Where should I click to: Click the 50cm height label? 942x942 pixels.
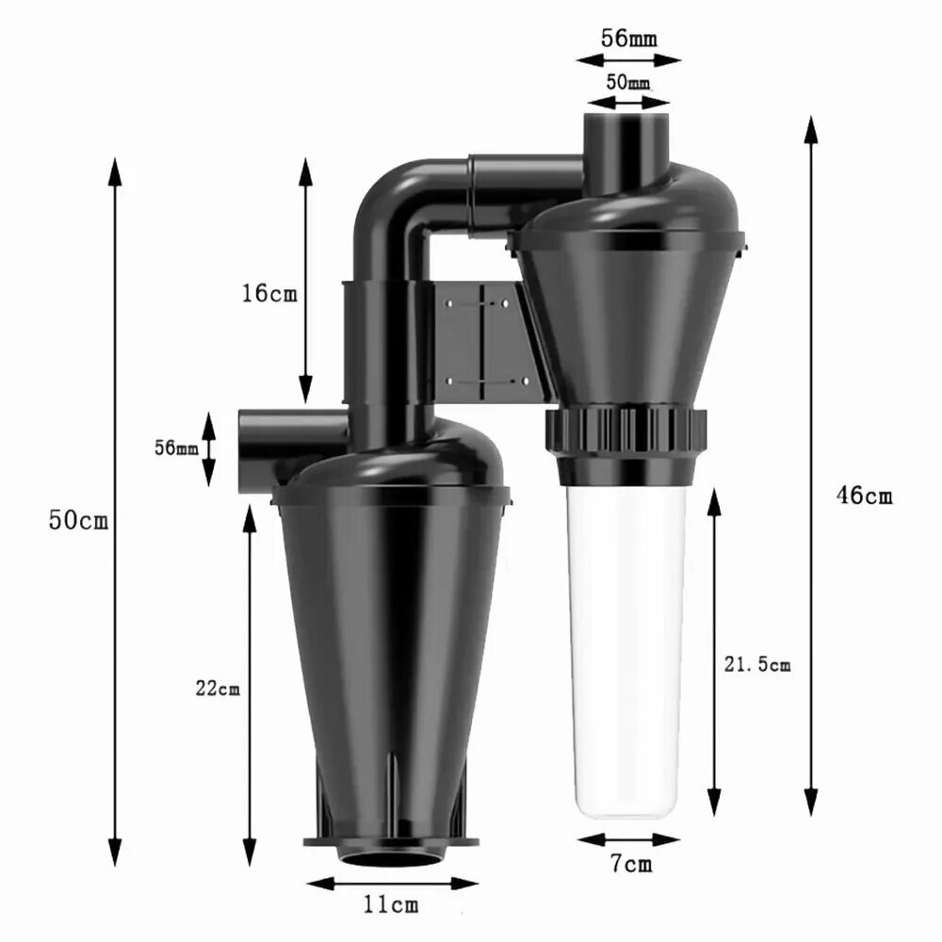(x=79, y=520)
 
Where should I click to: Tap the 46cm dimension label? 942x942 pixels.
(x=865, y=495)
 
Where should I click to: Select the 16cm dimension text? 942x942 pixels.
(x=269, y=293)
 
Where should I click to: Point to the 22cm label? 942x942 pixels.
(x=218, y=688)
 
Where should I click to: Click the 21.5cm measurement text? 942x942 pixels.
(x=757, y=664)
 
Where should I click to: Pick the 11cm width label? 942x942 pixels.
(x=391, y=904)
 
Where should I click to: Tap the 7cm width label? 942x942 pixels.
(x=631, y=864)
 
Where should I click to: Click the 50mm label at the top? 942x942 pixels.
(x=627, y=82)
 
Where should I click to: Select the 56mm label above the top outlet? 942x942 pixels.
(x=628, y=39)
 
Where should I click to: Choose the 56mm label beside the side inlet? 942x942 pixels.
(x=176, y=447)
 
